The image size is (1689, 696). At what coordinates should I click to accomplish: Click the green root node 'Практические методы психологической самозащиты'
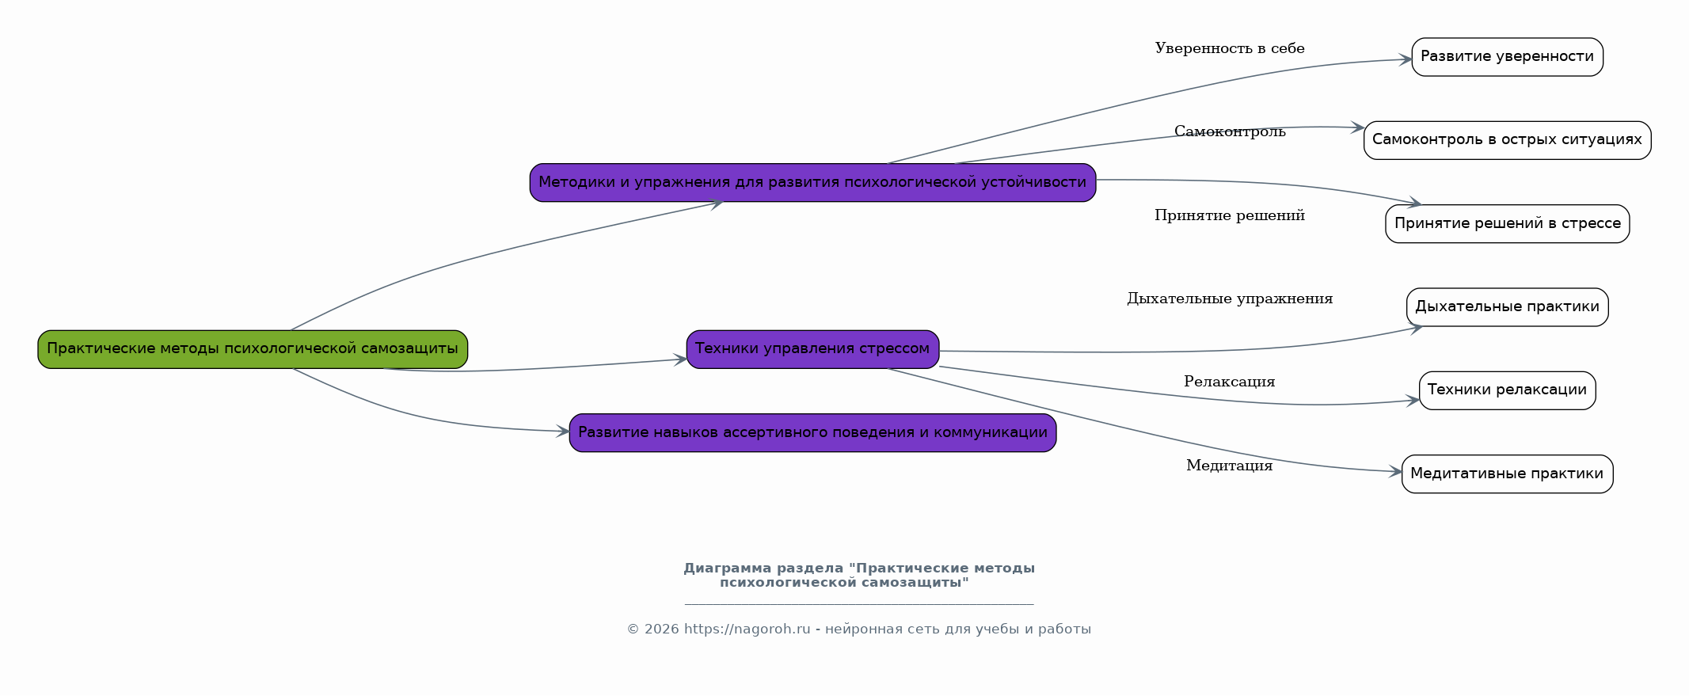(253, 349)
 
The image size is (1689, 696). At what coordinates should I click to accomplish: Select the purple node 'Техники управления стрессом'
(812, 349)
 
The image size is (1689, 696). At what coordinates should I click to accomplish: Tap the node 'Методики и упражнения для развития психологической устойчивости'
(812, 183)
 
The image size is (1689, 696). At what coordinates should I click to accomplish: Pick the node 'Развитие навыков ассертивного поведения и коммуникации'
(812, 433)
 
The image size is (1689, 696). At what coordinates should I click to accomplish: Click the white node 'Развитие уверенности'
(1507, 57)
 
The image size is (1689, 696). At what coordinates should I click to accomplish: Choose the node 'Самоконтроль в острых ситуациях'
(1507, 140)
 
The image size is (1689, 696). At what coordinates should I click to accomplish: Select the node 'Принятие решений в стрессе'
(1507, 224)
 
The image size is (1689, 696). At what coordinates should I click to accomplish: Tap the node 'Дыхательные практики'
(1507, 307)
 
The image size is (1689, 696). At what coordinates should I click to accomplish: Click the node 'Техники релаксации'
(1507, 390)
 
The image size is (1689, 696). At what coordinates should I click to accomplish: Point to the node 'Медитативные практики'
(1507, 474)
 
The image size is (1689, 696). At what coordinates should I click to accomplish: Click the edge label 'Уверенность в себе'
(1229, 49)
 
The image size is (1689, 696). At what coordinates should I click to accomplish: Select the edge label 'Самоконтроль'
(1229, 132)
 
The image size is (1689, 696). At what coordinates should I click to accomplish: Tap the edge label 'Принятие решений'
(1229, 216)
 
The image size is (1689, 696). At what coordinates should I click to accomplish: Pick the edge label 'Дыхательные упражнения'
(1229, 299)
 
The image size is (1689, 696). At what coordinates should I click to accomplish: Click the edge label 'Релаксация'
(1229, 382)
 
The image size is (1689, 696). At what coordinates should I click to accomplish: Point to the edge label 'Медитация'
(1229, 466)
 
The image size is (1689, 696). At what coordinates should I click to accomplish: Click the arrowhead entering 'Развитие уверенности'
(1406, 59)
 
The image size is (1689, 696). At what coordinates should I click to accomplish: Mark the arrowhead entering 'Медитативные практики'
(1395, 472)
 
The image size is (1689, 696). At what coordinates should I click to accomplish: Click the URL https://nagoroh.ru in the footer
(747, 629)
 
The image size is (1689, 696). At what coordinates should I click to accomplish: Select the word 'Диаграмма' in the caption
(727, 569)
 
